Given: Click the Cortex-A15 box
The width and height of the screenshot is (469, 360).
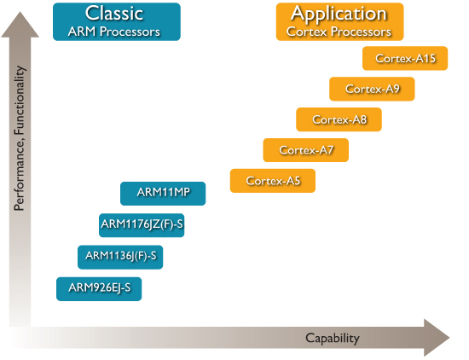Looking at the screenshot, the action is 405,58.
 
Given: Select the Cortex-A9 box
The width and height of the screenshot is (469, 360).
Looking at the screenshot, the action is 372,89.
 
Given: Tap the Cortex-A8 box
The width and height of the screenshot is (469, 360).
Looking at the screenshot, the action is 339,119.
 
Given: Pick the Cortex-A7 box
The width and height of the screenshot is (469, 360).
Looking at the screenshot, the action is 305,150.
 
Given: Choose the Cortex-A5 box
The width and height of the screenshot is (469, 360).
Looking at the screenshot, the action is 273,181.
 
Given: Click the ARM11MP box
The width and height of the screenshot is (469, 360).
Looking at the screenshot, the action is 163,194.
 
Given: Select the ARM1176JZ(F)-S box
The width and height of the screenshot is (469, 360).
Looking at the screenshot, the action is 142,225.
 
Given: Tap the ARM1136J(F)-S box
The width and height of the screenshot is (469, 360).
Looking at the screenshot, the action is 120,258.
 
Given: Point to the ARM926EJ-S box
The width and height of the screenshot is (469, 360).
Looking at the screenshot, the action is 99,289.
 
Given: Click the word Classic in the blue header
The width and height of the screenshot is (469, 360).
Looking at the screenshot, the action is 114,14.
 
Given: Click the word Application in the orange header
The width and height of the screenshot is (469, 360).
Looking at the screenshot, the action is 339,15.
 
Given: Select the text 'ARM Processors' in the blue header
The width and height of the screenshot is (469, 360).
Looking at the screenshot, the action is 114,32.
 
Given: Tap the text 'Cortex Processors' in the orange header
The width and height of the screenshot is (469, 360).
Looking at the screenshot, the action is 339,32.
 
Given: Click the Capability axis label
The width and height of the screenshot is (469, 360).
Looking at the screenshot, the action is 333,339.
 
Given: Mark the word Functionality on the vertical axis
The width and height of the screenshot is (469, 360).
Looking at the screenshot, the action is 20,100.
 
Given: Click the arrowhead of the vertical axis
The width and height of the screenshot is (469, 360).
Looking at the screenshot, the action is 20,25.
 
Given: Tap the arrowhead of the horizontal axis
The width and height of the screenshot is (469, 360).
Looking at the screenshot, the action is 437,338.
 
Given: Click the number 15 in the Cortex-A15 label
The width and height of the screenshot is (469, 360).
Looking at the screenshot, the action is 429,58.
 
